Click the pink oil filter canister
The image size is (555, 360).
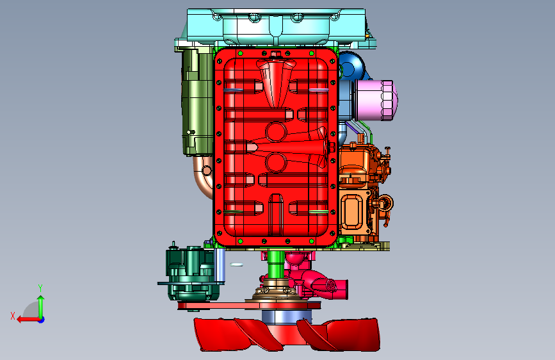pos(376,101)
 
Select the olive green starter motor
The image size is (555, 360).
pos(197,102)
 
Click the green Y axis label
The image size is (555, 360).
pos(40,288)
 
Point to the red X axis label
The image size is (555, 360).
pos(13,316)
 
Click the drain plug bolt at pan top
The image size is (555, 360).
pos(275,54)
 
